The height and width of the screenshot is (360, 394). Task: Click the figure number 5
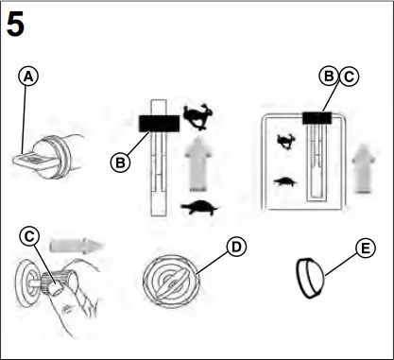click(x=16, y=25)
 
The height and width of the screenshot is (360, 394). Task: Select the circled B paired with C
click(x=328, y=77)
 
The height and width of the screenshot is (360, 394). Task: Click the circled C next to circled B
click(x=347, y=77)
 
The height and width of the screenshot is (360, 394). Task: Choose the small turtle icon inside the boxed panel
click(x=283, y=180)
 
